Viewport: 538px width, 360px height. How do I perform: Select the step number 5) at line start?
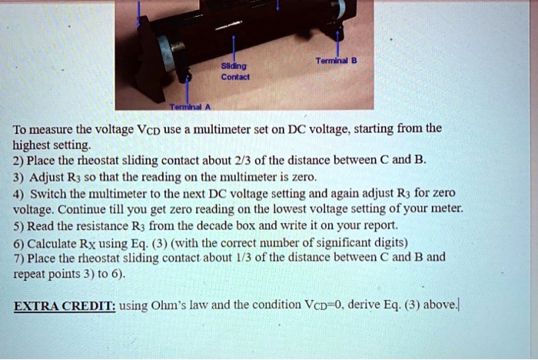(19, 225)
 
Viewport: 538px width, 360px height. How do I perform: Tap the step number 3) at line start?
(19, 177)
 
